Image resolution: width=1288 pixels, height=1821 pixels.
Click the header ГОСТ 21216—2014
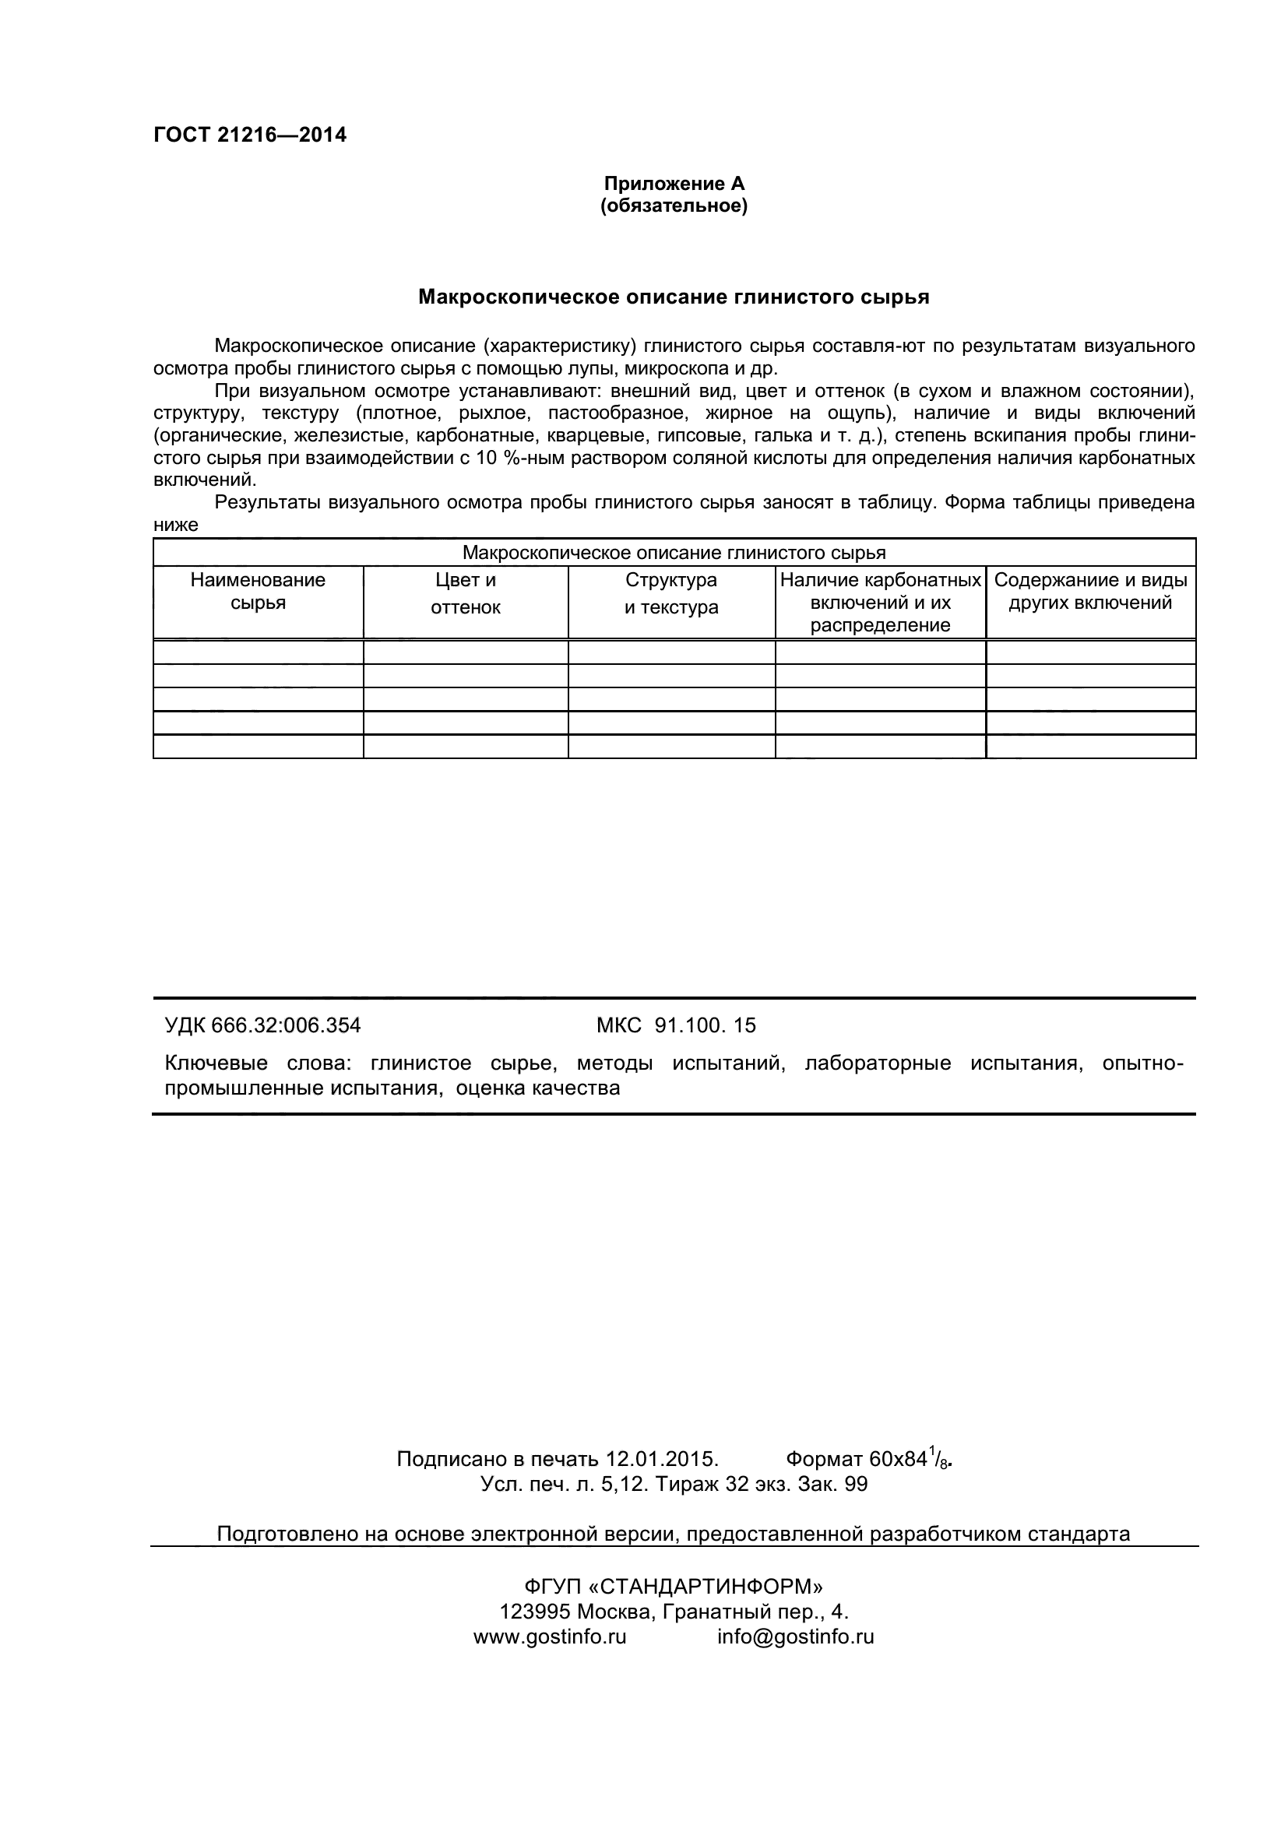click(250, 135)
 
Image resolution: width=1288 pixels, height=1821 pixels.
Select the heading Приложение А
click(674, 184)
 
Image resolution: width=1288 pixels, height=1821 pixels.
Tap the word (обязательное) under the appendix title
click(674, 207)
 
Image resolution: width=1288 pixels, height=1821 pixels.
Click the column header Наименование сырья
click(258, 592)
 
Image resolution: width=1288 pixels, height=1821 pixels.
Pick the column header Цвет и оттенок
click(466, 594)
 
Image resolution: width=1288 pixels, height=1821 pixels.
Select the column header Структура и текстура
click(671, 594)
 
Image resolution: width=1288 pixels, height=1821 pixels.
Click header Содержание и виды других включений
click(1090, 592)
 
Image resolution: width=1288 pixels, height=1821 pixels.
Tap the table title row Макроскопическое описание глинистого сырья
click(674, 553)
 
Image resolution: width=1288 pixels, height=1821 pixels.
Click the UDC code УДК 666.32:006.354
click(262, 1025)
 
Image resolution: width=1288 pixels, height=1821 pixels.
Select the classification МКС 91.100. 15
click(676, 1025)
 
